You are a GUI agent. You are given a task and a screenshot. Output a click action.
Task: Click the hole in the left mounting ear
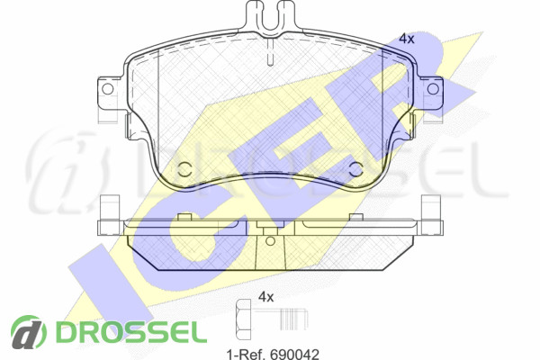[x=107, y=89]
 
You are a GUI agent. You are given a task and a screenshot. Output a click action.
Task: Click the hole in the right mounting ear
[x=433, y=89]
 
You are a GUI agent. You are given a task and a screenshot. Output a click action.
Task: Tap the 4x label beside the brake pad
[x=407, y=39]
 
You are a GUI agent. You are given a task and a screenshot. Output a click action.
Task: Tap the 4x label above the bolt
[x=265, y=297]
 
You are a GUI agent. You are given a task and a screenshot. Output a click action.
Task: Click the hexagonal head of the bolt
[x=244, y=319]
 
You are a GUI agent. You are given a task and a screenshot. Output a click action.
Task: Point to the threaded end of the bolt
[x=293, y=319]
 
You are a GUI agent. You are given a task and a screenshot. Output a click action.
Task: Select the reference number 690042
[x=294, y=354]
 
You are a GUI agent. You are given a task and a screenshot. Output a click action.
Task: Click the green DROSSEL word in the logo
[x=131, y=332]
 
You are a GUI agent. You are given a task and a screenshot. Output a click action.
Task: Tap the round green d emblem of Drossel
[x=28, y=332]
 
